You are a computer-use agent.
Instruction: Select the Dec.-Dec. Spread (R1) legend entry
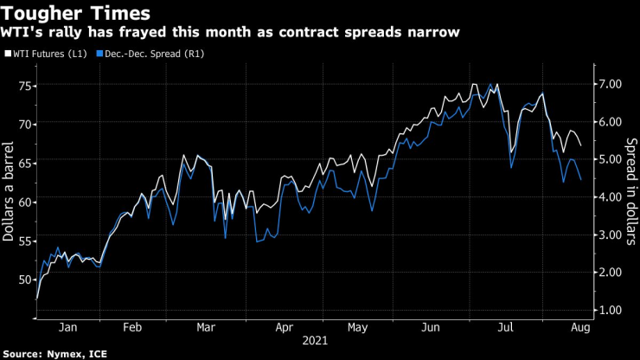click(x=147, y=54)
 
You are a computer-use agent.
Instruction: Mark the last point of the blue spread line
click(x=580, y=179)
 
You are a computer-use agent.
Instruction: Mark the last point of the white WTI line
click(x=580, y=145)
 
